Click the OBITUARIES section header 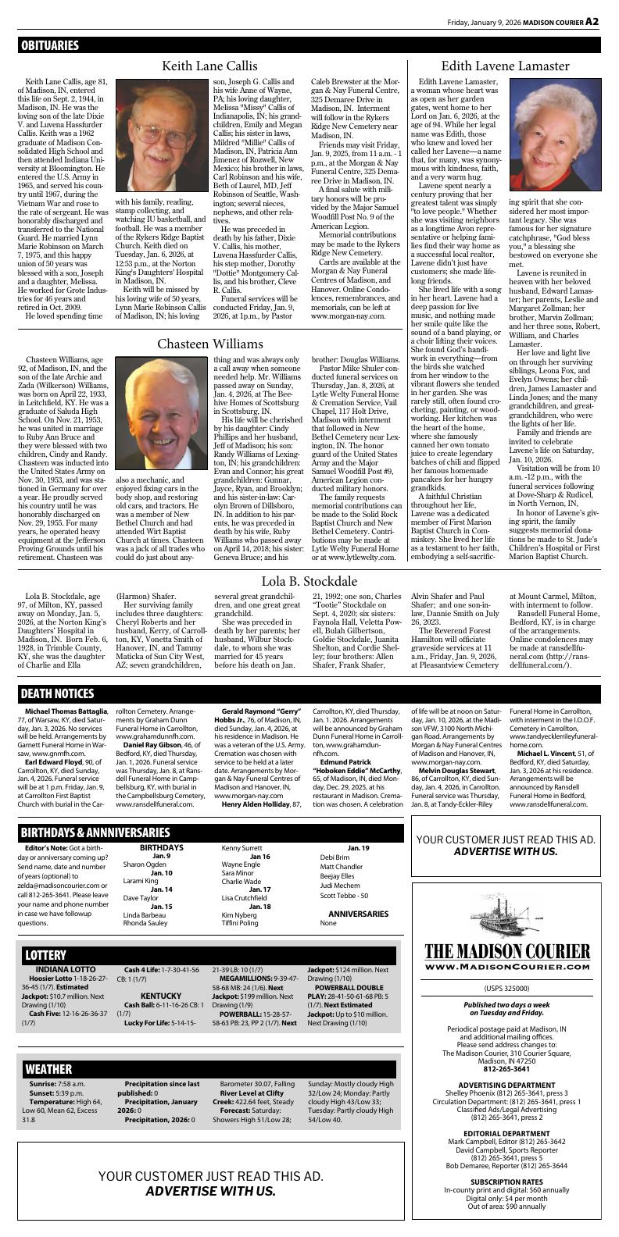50,45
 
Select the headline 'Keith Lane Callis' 209,66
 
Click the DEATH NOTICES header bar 57,693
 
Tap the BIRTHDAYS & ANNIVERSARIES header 95,832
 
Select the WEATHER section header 48,1068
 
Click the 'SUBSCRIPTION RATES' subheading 507,1182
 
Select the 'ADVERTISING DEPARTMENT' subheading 507,1085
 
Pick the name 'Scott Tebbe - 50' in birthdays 344,896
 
